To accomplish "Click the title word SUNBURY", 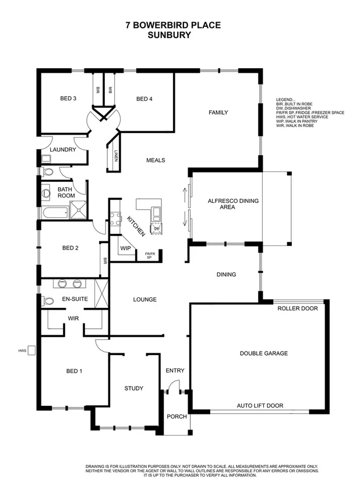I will point(170,34).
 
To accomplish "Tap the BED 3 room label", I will point(68,99).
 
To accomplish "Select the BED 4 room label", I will point(144,99).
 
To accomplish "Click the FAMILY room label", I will point(218,113).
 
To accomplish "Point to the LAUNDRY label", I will point(62,150).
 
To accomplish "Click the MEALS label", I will point(156,160).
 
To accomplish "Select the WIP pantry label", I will point(125,248).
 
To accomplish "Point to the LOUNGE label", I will point(144,300).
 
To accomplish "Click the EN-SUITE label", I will point(74,300).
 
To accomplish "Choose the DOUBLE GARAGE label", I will point(264,353).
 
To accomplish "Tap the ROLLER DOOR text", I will point(298,308).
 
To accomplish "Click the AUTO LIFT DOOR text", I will point(260,405).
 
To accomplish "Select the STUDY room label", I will point(133,388).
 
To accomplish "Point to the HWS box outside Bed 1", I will point(33,350).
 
